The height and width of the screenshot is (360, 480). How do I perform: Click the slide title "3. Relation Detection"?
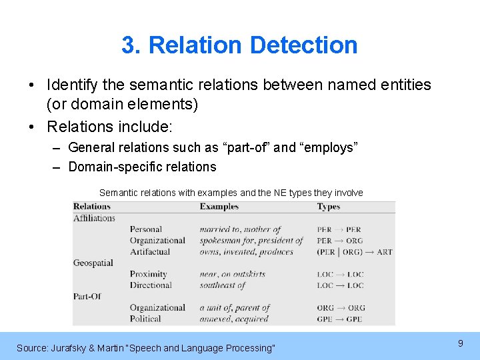pyautogui.click(x=239, y=45)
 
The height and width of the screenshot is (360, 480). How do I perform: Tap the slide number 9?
pyautogui.click(x=460, y=343)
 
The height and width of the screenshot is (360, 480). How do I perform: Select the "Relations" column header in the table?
pyautogui.click(x=92, y=207)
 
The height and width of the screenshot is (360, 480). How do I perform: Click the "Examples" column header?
pyautogui.click(x=219, y=207)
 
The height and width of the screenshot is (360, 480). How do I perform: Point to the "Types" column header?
pyautogui.click(x=329, y=207)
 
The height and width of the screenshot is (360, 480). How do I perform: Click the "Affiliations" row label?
pyautogui.click(x=94, y=218)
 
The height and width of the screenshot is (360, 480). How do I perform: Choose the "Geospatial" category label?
pyautogui.click(x=93, y=263)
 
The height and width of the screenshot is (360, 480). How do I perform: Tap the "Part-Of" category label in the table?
pyautogui.click(x=87, y=296)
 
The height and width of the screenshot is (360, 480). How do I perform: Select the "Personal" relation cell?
pyautogui.click(x=146, y=229)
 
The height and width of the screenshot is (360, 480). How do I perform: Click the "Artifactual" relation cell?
pyautogui.click(x=150, y=252)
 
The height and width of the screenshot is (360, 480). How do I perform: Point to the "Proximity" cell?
pyautogui.click(x=148, y=274)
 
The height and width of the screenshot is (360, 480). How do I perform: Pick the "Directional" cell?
pyautogui.click(x=151, y=285)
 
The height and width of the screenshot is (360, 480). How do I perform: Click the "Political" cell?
pyautogui.click(x=145, y=319)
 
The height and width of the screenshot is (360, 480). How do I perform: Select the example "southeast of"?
pyautogui.click(x=223, y=285)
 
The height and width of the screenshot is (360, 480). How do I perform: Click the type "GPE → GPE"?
pyautogui.click(x=340, y=319)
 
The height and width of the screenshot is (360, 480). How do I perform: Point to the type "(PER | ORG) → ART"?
pyautogui.click(x=355, y=252)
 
